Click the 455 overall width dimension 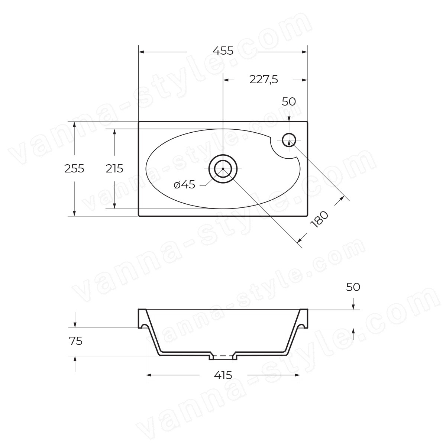pos(223,51)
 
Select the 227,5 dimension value pos(264,80)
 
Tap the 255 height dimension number pos(74,168)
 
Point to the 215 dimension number pos(114,168)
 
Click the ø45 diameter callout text pos(184,185)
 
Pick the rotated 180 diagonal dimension pos(319,219)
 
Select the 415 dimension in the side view pos(223,375)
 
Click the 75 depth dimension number pos(76,341)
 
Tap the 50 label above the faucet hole pos(289,101)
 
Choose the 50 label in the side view pos(353,287)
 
